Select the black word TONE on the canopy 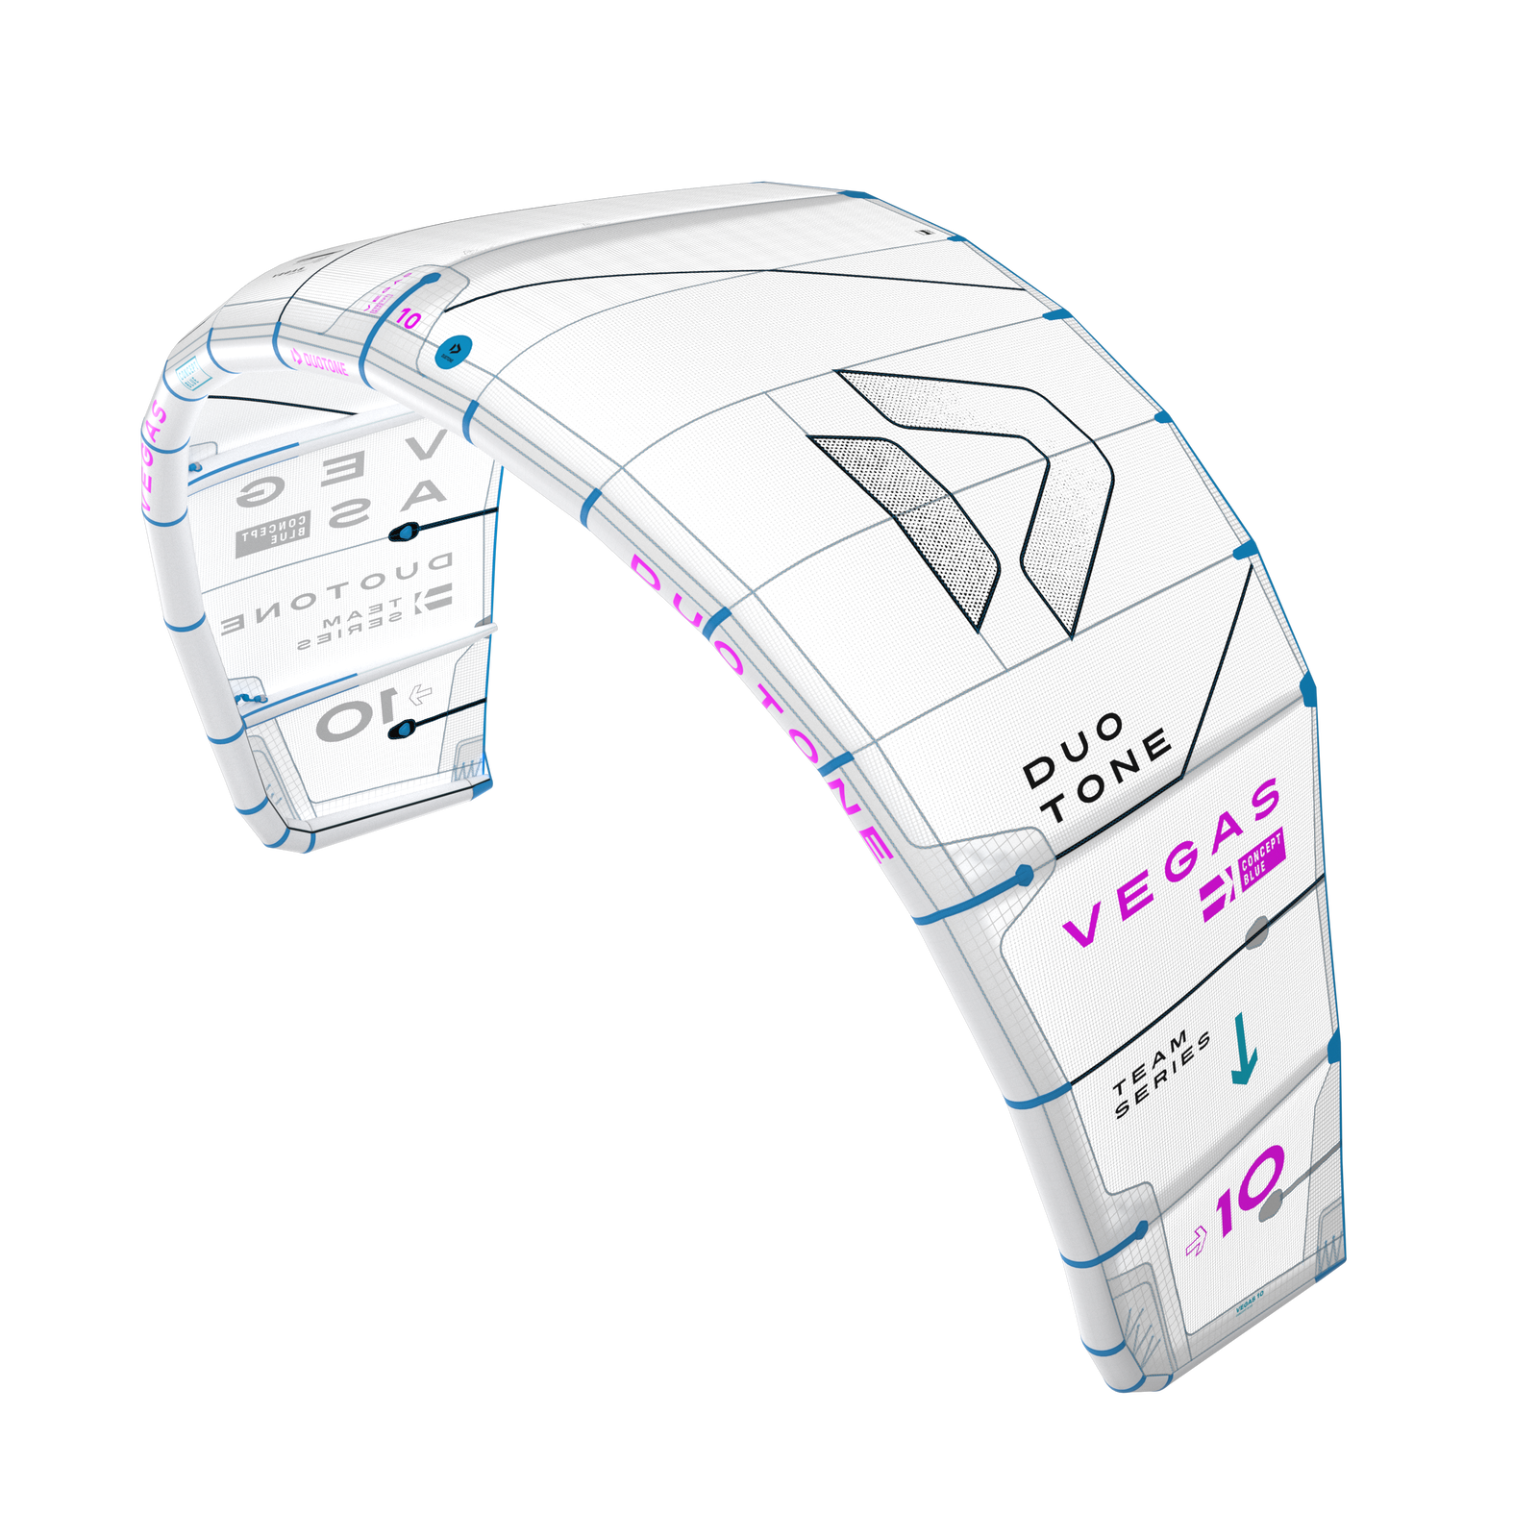[1108, 778]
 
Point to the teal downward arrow [1243, 1049]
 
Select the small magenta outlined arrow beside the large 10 [1196, 1243]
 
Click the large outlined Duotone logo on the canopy [961, 500]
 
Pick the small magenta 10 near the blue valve [408, 320]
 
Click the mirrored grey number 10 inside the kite [354, 715]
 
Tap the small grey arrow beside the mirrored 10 [420, 692]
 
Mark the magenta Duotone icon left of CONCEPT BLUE [1217, 900]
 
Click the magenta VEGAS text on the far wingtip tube [151, 452]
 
